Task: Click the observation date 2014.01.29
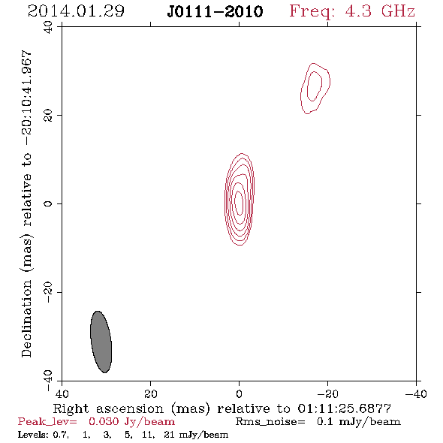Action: (76, 11)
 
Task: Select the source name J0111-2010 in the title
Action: (215, 11)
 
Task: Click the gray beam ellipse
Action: (101, 342)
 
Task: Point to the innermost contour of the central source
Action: (235, 203)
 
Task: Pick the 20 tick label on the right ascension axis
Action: (150, 393)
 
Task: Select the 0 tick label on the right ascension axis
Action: (239, 393)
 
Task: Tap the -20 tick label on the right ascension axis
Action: (327, 393)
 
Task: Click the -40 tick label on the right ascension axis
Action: (416, 393)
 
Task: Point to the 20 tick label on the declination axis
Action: (48, 116)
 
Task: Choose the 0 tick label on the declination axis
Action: (48, 203)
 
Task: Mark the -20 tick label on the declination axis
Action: (48, 292)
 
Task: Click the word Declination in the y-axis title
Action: (26, 319)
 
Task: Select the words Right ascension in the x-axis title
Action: (108, 408)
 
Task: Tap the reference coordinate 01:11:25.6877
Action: (345, 408)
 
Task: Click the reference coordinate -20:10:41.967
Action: (26, 98)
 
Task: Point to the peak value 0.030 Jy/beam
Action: (132, 422)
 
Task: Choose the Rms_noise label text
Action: (270, 422)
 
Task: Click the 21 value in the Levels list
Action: (169, 434)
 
